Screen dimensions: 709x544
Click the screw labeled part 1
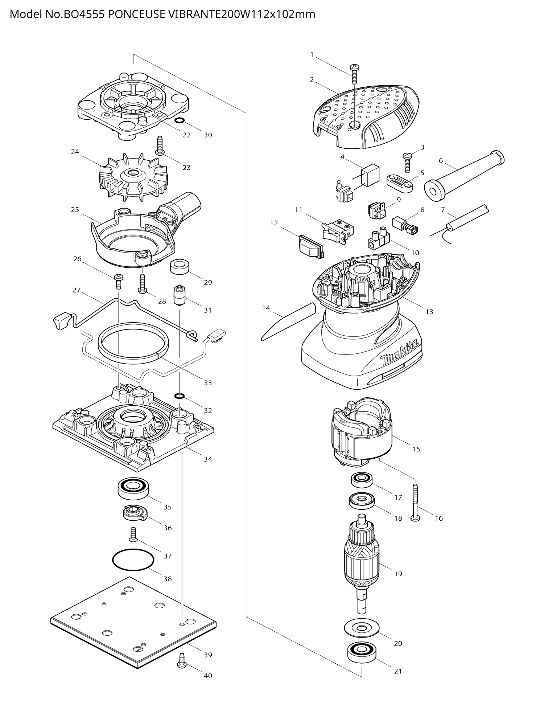[x=354, y=74]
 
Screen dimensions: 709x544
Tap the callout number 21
[x=398, y=671]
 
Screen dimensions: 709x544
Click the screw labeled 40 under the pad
[x=182, y=664]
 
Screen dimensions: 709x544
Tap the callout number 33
[x=207, y=383]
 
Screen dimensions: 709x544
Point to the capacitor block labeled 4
[x=371, y=175]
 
